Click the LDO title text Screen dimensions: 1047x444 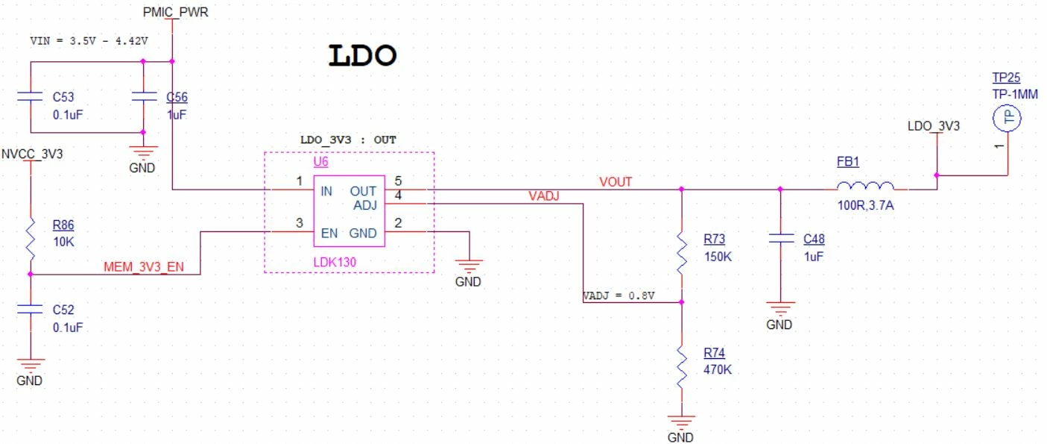click(363, 55)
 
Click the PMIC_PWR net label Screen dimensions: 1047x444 click(175, 12)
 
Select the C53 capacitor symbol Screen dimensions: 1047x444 click(30, 96)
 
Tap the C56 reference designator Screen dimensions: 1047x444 click(177, 97)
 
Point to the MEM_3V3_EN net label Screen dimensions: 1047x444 click(144, 266)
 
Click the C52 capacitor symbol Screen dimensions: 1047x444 click(30, 309)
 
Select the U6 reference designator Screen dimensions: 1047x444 click(320, 161)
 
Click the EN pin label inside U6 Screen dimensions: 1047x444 click(329, 233)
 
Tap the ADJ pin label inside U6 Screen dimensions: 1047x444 click(365, 205)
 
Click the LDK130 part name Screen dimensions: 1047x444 click(335, 262)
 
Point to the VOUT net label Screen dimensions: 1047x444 click(616, 182)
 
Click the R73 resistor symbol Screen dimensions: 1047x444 click(682, 255)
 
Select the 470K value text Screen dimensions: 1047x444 click(718, 369)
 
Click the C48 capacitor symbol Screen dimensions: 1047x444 click(780, 239)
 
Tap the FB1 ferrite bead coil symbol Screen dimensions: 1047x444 click(865, 186)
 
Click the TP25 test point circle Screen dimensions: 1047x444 click(1007, 118)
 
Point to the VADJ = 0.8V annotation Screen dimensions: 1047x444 click(619, 296)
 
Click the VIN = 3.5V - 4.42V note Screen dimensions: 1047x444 click(89, 41)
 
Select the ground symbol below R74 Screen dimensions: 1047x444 click(682, 422)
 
